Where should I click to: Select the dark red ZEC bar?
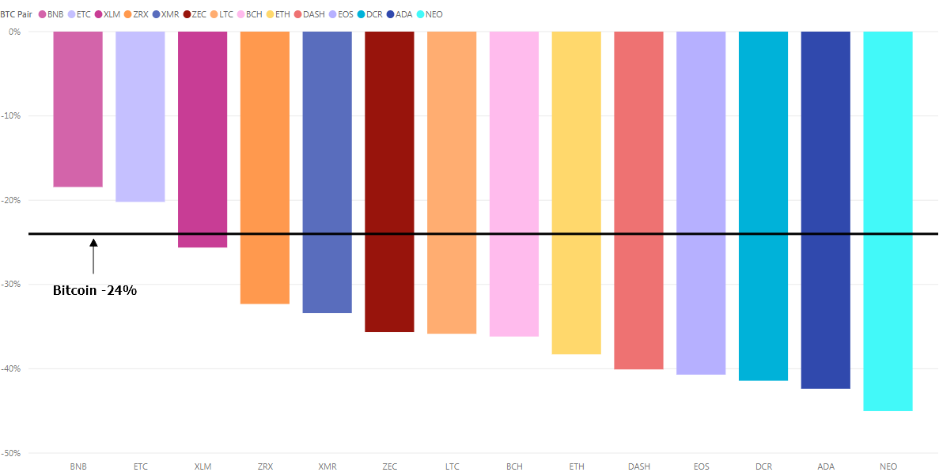(x=389, y=182)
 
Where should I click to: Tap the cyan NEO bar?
(x=888, y=221)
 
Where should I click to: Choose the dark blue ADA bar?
(x=825, y=210)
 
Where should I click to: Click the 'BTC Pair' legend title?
(x=17, y=14)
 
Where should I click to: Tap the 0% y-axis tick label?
(x=15, y=32)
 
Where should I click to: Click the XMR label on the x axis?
(x=327, y=466)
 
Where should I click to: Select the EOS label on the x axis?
(x=701, y=466)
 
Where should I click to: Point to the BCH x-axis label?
(x=514, y=466)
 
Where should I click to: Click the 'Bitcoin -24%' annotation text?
(x=95, y=290)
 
